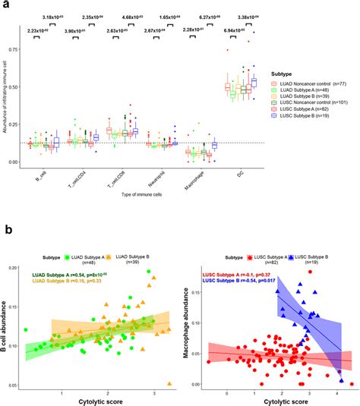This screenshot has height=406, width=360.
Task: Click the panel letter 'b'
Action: pyautogui.click(x=6, y=230)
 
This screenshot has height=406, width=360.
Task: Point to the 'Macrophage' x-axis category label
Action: pyautogui.click(x=177, y=183)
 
